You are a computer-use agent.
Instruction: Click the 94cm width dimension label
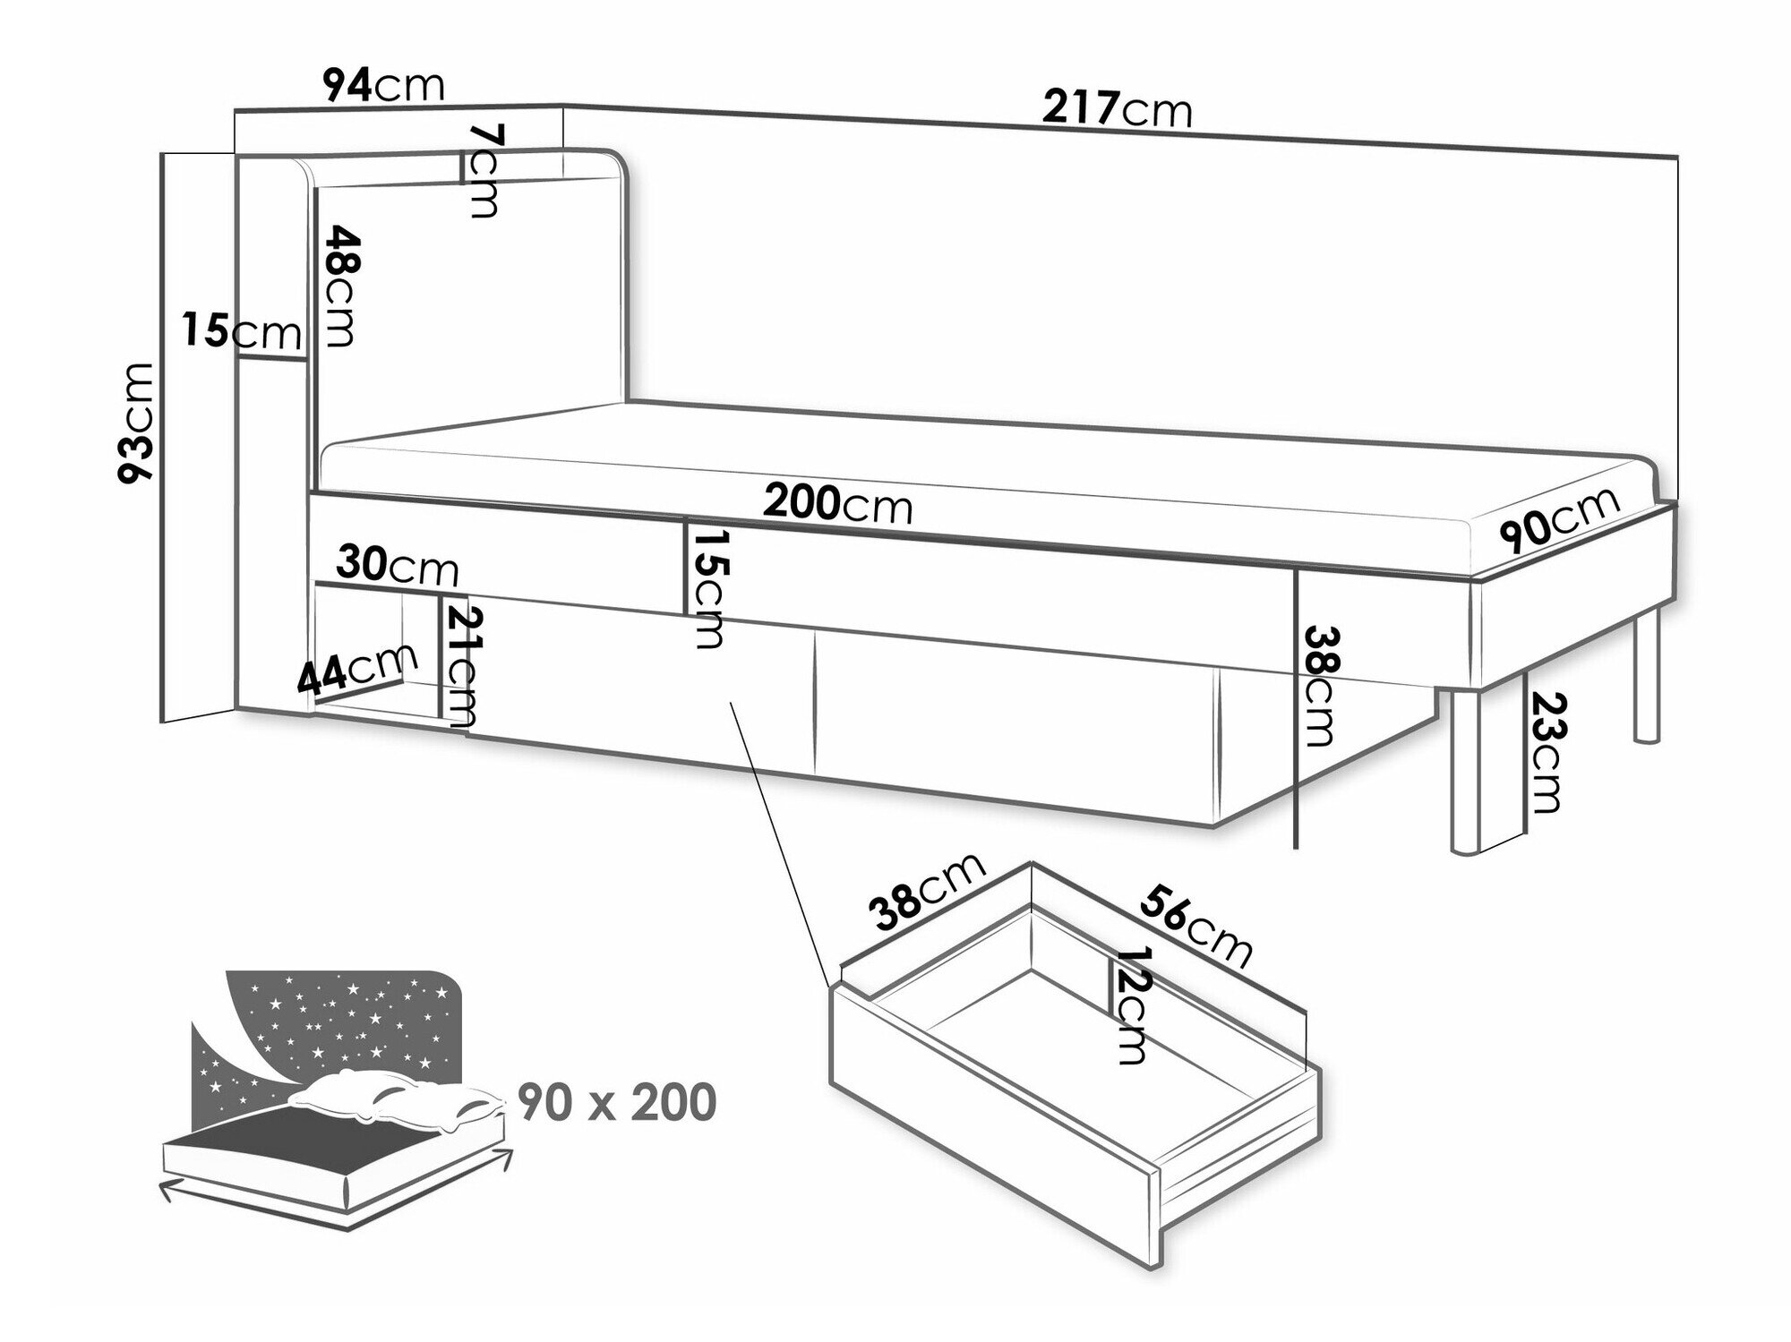click(x=383, y=87)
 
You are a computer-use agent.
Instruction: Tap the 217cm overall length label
click(x=1117, y=110)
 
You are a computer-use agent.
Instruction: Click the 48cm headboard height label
click(x=341, y=286)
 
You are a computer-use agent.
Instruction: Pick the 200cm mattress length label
click(x=837, y=505)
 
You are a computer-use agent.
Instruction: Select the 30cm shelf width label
click(x=398, y=566)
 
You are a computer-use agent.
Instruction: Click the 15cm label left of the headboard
click(x=241, y=332)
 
